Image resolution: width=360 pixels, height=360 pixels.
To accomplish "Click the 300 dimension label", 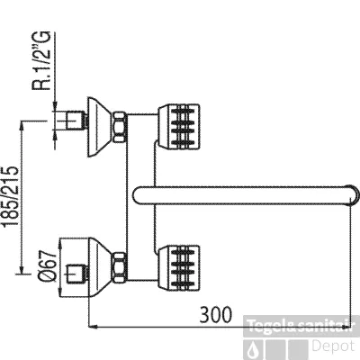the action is coord(216,314).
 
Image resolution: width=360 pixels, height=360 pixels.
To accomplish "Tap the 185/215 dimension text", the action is coord(11,196).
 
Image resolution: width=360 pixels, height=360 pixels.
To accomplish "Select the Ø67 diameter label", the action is coord(48,265).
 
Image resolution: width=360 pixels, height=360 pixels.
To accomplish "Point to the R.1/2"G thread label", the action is coord(41,60).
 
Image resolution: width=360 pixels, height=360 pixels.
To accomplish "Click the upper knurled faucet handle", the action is coord(179,127).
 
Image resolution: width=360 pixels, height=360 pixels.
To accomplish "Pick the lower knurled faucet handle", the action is coord(179,268).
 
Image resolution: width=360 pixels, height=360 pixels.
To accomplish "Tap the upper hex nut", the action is coord(120,127).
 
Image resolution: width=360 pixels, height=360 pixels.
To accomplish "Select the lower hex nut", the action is coord(120,267).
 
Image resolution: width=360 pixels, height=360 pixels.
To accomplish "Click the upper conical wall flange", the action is coord(100,127).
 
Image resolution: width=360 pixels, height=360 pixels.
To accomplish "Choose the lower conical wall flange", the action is coord(100,267).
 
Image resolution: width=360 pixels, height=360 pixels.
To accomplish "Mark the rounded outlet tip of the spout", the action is coord(355,195).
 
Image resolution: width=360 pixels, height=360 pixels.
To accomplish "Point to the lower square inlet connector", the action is coord(76,274).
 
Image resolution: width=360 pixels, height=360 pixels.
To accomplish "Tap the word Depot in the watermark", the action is coord(333,346).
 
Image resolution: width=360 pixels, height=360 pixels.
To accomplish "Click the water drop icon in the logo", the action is coord(253,350).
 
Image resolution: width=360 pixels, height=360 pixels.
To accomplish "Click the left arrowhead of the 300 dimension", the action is coord(91,327).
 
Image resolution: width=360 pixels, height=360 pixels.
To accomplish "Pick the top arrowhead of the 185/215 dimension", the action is coord(22,125).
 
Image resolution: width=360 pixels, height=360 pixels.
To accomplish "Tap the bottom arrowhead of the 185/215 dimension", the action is coord(22,268).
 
